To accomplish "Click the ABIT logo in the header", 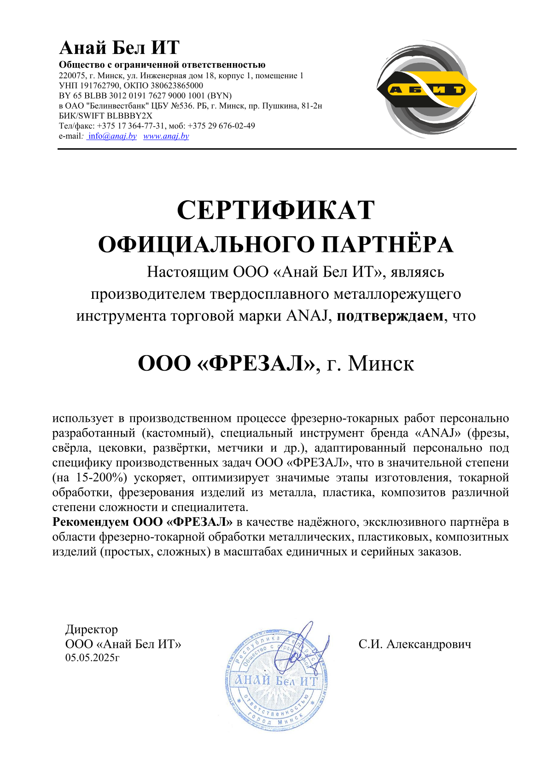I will (426, 89).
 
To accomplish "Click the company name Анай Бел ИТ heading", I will (119, 48).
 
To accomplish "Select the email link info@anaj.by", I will (112, 136).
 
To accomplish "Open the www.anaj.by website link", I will (166, 136).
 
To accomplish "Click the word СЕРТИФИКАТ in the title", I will (275, 210).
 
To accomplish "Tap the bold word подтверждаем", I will (390, 316).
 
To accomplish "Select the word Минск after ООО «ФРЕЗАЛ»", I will (381, 364).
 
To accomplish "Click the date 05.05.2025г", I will (92, 658).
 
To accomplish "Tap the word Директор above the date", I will (92, 629).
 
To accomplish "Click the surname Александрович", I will (429, 644).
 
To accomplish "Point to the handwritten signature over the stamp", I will (302, 647).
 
